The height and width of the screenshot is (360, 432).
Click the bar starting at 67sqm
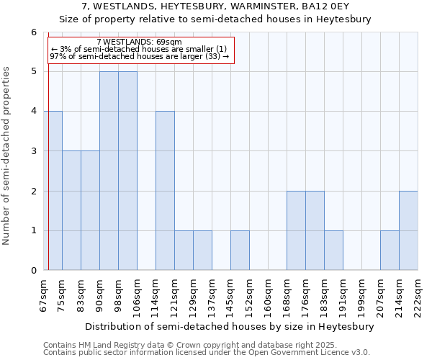point(53,191)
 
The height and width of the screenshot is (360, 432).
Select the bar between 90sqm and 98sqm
point(109,171)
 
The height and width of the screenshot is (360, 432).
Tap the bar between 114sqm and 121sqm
point(165,191)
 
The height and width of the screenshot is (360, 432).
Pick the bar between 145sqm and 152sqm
point(240,251)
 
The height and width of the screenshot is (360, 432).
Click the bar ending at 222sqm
point(408,230)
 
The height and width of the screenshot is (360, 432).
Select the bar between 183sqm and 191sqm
point(333,251)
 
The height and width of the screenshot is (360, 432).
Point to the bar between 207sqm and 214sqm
point(390,251)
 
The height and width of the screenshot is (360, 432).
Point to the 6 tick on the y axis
point(33,32)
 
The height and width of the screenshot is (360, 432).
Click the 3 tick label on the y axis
point(33,151)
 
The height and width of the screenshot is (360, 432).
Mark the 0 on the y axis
point(33,271)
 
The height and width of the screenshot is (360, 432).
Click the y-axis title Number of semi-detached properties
point(7,156)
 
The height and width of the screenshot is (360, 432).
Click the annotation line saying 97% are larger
point(139,56)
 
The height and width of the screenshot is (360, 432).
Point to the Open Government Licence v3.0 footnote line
point(207,353)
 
